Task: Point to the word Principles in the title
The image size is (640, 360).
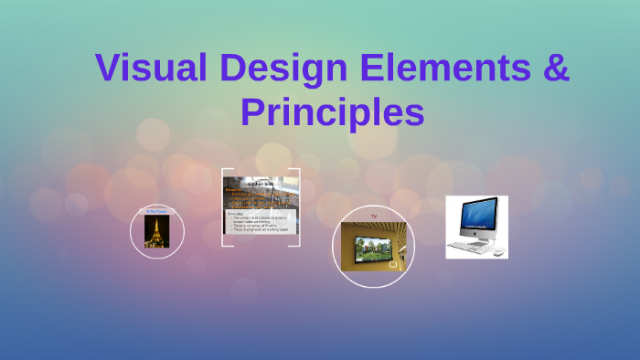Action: click(x=332, y=113)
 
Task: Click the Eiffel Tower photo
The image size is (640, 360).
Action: click(x=158, y=232)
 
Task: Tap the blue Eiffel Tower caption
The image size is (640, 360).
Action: click(x=157, y=211)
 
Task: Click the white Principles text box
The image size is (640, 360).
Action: click(x=261, y=223)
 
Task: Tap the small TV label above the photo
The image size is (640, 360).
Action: click(x=373, y=217)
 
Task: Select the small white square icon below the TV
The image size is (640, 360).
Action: click(x=394, y=265)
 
